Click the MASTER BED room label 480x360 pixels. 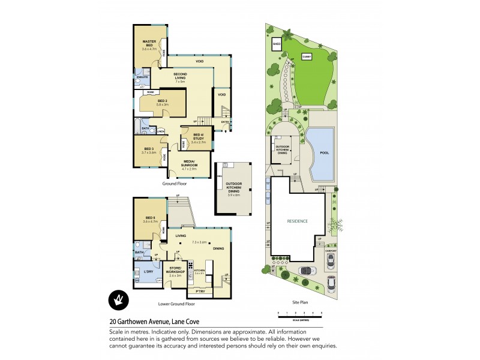149,43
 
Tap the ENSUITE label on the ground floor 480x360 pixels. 142,77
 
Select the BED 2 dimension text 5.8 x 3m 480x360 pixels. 163,105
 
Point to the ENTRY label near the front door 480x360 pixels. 225,122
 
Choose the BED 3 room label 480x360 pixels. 148,148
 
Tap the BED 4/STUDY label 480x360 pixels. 198,136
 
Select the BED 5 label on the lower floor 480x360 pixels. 149,218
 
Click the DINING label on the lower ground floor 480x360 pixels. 218,248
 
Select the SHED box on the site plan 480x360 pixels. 277,44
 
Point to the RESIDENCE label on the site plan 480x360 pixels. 298,221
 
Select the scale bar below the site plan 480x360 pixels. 300,314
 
